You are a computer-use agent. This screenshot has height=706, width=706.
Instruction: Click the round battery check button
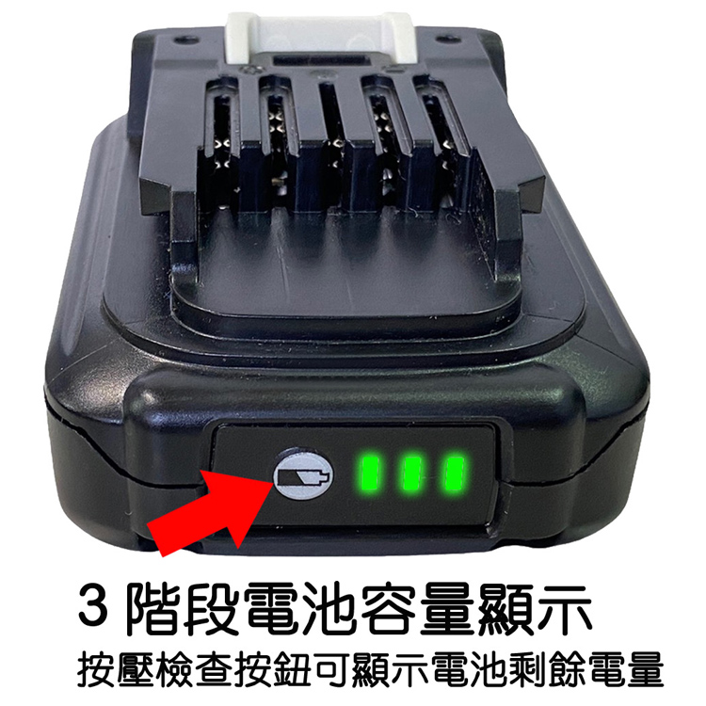pos(302,473)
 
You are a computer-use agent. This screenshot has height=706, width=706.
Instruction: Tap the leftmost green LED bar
pos(371,473)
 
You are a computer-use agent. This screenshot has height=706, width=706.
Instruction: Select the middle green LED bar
pos(411,473)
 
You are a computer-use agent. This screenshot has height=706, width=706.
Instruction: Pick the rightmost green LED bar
pos(453,473)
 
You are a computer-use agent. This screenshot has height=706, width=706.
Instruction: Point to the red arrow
pos(212,513)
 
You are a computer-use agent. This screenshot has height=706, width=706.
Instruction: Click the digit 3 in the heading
pos(93,603)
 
